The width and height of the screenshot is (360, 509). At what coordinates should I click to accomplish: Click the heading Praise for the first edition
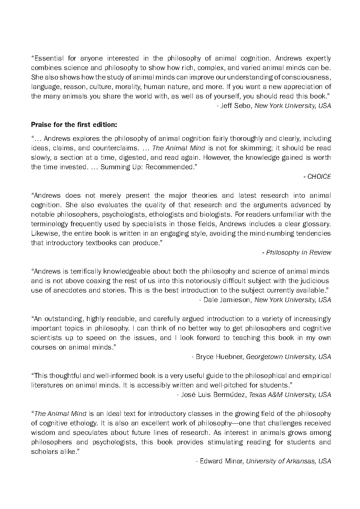[74, 125]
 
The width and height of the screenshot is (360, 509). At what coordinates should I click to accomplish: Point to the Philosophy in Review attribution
[298, 252]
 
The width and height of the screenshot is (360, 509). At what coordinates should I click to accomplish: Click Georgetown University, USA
[288, 357]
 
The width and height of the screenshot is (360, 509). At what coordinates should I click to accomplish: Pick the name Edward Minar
[221, 461]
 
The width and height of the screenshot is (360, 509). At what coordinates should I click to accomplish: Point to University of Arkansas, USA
[288, 461]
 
